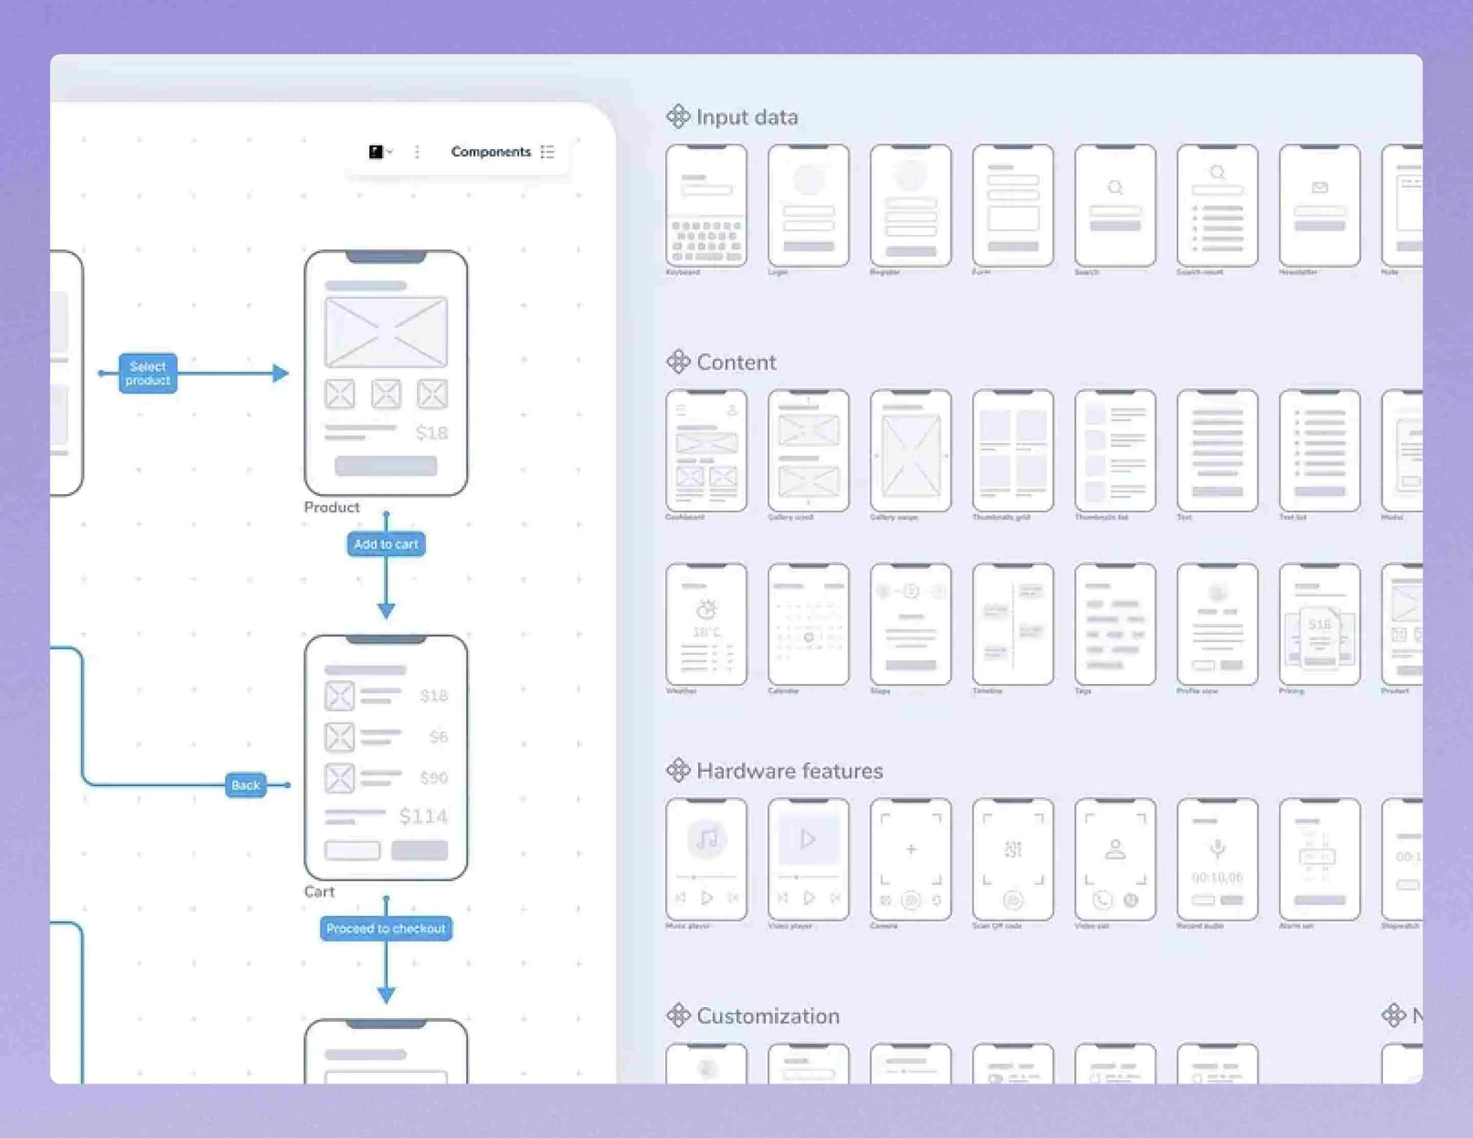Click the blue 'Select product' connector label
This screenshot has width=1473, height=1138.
tap(148, 373)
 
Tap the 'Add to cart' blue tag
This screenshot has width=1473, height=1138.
tap(386, 544)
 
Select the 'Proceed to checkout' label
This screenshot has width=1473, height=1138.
tap(386, 928)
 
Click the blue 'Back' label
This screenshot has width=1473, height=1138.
tap(245, 785)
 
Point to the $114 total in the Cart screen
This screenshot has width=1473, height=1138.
tap(423, 816)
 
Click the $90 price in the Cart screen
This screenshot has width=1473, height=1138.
tap(434, 778)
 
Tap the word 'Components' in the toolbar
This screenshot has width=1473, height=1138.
tap(490, 152)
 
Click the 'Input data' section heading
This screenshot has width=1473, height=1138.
tap(747, 117)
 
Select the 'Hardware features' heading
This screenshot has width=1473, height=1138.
tap(789, 770)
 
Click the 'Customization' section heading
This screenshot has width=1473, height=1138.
tap(768, 1016)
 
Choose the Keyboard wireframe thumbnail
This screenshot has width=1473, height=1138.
tap(706, 206)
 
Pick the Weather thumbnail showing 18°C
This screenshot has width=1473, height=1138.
tap(706, 624)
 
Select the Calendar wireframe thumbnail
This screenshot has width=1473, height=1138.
tap(809, 624)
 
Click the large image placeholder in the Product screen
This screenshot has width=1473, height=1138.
tap(386, 332)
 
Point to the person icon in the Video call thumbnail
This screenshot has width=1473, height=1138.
tap(1115, 849)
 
